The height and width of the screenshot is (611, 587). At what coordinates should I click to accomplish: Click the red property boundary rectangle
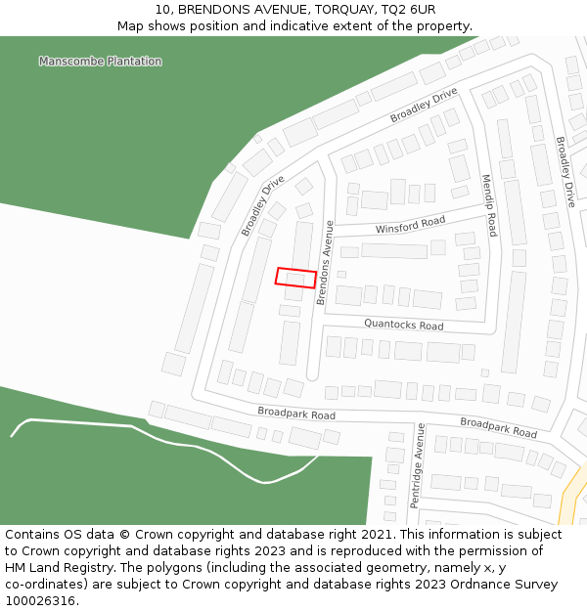coord(295,278)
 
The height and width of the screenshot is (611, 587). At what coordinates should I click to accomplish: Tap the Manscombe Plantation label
coord(100,62)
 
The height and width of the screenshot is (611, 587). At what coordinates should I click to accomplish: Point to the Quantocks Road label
coord(403,324)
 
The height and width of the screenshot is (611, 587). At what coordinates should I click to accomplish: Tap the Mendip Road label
coord(489,206)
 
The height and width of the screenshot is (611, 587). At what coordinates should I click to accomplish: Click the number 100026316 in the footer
coord(41,601)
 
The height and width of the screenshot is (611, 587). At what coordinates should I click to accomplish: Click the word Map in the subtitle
coord(131,25)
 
